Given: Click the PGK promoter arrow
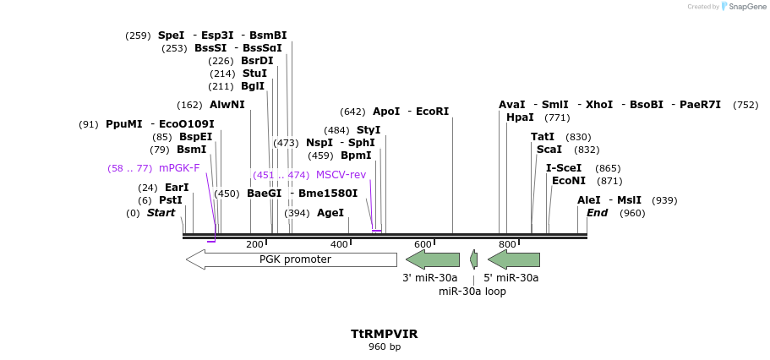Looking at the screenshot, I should [279, 259].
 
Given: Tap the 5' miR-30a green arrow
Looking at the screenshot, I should [514, 259].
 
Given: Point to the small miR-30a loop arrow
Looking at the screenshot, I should [474, 259].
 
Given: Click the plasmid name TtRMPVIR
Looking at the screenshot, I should [385, 334].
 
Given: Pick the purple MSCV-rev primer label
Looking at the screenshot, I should [341, 175].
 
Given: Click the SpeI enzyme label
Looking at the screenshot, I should [171, 35].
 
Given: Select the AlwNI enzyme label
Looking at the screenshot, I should [227, 105].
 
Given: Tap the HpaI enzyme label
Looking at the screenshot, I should [520, 117].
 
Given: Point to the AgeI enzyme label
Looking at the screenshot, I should [330, 213].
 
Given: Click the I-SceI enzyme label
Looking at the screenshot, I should [564, 168].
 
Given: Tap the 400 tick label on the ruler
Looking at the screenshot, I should [339, 245].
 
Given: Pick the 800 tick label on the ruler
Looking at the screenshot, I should [507, 245].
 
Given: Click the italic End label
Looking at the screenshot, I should [598, 213].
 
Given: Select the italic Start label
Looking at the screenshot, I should [161, 213].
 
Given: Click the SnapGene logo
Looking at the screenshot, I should [744, 7].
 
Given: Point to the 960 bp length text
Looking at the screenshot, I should [385, 346].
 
